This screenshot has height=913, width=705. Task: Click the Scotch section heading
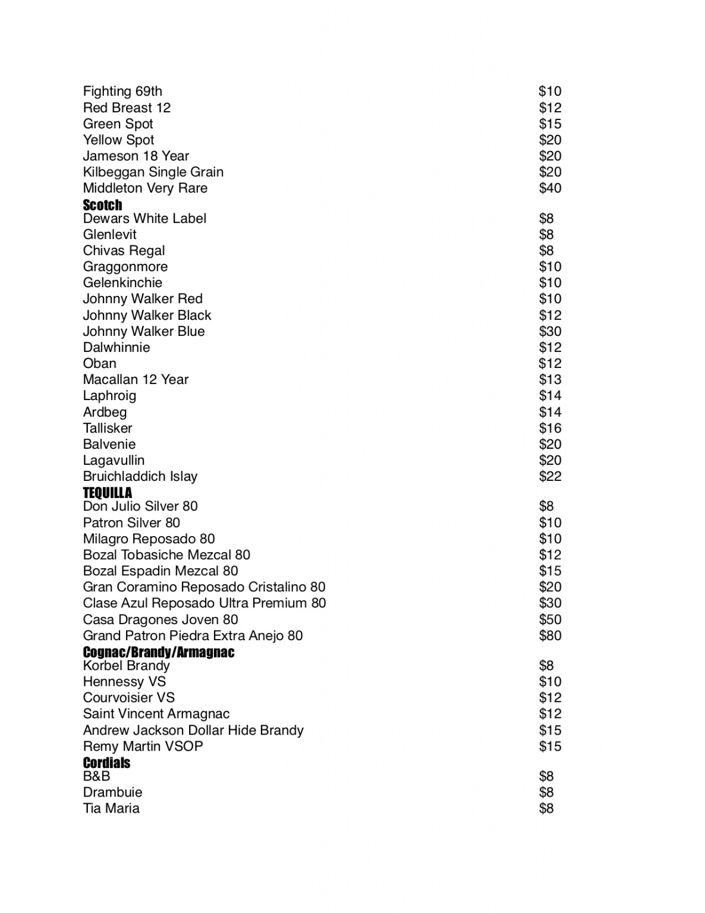tap(102, 205)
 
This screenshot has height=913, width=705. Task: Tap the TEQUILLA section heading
tap(108, 493)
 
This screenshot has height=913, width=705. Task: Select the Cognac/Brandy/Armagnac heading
tap(159, 652)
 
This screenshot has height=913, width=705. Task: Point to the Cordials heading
tap(106, 763)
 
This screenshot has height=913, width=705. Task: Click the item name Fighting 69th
tap(122, 92)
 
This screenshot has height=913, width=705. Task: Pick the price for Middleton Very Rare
tap(550, 188)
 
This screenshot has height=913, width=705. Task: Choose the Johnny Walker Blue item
tap(144, 332)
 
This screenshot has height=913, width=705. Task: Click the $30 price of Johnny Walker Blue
tap(550, 332)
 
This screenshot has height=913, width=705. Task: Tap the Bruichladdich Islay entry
tap(140, 477)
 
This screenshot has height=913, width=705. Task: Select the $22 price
tap(550, 477)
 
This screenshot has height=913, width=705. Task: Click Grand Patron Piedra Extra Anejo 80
tap(193, 636)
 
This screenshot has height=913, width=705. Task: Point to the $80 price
tap(550, 636)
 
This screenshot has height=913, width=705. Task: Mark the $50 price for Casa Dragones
tap(550, 620)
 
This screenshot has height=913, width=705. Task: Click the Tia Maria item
tap(111, 808)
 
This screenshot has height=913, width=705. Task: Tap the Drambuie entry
tap(112, 792)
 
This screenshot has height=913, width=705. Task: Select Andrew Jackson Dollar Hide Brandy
tap(193, 731)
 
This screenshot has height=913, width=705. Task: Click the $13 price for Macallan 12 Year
tap(550, 380)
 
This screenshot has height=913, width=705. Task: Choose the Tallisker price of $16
tap(550, 429)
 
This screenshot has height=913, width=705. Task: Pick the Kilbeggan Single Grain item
tap(153, 172)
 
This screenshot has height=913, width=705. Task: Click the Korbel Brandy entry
tap(127, 666)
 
